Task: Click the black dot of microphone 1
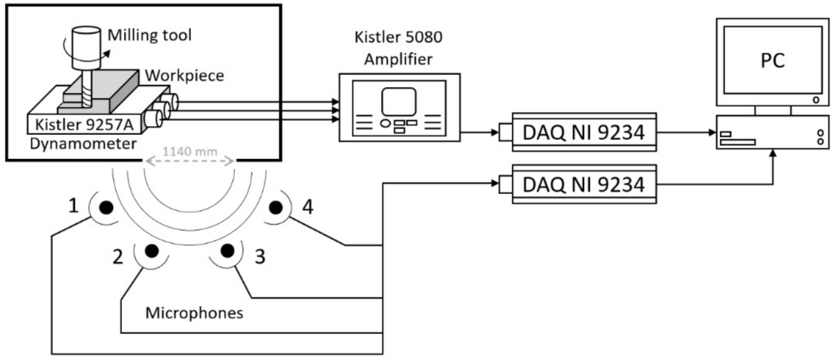106,208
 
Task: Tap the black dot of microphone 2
152,251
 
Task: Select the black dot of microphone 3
227,251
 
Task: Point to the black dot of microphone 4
276,208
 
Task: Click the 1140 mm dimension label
190,152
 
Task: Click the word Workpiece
184,76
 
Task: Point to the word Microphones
194,313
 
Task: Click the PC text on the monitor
772,61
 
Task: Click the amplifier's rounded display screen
399,101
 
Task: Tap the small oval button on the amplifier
385,123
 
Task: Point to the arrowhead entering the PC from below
773,153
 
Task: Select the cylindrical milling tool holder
86,47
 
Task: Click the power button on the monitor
816,100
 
